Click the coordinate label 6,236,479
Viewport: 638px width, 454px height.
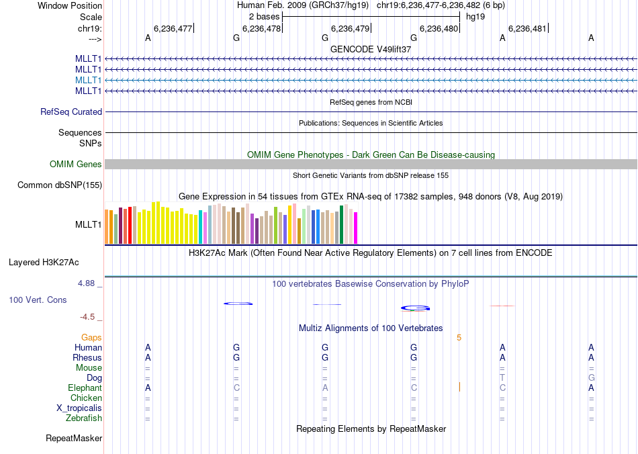tap(350, 29)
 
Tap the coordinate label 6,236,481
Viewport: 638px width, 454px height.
tap(527, 29)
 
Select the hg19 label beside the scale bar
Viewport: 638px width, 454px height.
tap(475, 16)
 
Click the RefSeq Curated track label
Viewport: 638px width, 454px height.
tap(71, 112)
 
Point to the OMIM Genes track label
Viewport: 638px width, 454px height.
tap(76, 165)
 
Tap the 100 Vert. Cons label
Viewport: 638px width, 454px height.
tap(38, 300)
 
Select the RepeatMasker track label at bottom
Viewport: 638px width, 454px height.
tap(74, 439)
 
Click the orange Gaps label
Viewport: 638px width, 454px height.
tap(91, 338)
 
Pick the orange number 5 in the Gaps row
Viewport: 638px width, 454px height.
tap(459, 338)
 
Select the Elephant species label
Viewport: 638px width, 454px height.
tap(85, 388)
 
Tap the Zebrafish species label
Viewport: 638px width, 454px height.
tap(84, 418)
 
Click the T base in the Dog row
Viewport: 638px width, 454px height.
tap(502, 378)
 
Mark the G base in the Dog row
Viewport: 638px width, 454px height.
tap(591, 378)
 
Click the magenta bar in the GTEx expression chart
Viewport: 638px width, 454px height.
tap(355, 228)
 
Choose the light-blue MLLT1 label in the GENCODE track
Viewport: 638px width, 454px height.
tap(89, 80)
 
